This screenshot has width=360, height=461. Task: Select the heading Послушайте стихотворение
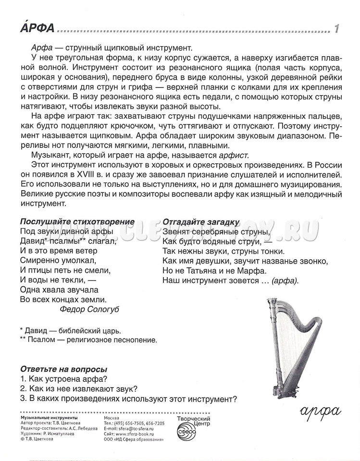[x=77, y=222]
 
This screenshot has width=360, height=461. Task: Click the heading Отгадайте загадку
[x=201, y=222]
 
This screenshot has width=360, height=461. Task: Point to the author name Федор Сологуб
[x=90, y=309]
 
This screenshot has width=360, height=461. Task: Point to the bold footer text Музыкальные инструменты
[x=49, y=418]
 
